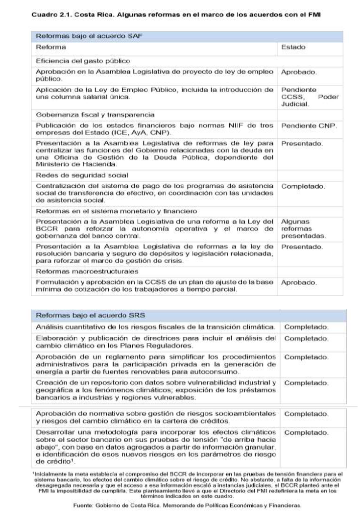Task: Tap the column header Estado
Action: point(293,48)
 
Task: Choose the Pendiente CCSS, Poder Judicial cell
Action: point(310,97)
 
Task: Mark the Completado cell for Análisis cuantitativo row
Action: point(307,326)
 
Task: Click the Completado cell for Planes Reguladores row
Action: point(307,338)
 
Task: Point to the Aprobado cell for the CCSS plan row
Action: point(299,283)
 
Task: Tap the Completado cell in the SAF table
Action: point(303,187)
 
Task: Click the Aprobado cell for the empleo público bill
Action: point(299,72)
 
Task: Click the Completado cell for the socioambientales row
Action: point(307,414)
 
